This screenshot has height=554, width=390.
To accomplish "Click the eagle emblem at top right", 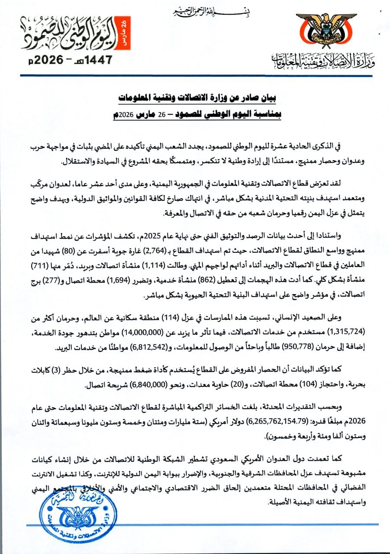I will pyautogui.click(x=326, y=31).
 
